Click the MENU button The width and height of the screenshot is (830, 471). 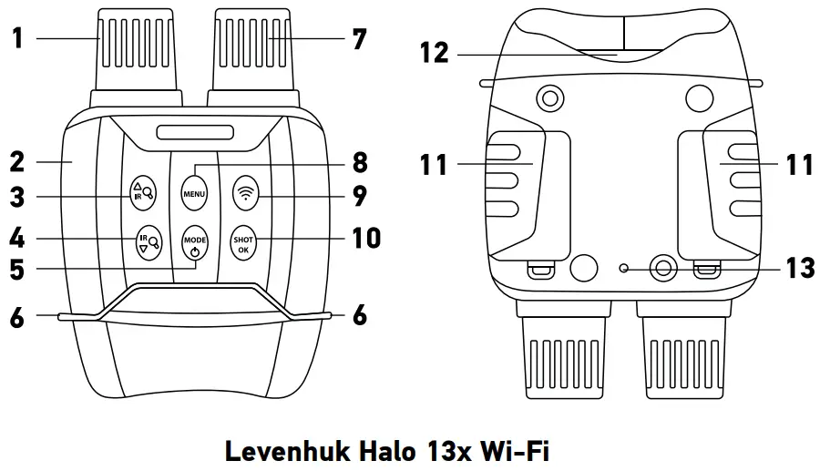tap(195, 193)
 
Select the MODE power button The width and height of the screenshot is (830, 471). tap(195, 244)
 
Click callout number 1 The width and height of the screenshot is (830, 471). tap(16, 39)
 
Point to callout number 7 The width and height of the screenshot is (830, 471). tap(359, 39)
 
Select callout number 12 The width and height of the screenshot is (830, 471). tap(435, 54)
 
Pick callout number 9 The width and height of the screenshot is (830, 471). tap(359, 194)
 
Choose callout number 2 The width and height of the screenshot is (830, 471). tap(16, 162)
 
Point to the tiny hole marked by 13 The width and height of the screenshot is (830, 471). tap(623, 268)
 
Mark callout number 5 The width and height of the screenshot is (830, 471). tap(16, 269)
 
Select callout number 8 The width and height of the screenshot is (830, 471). tap(359, 163)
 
